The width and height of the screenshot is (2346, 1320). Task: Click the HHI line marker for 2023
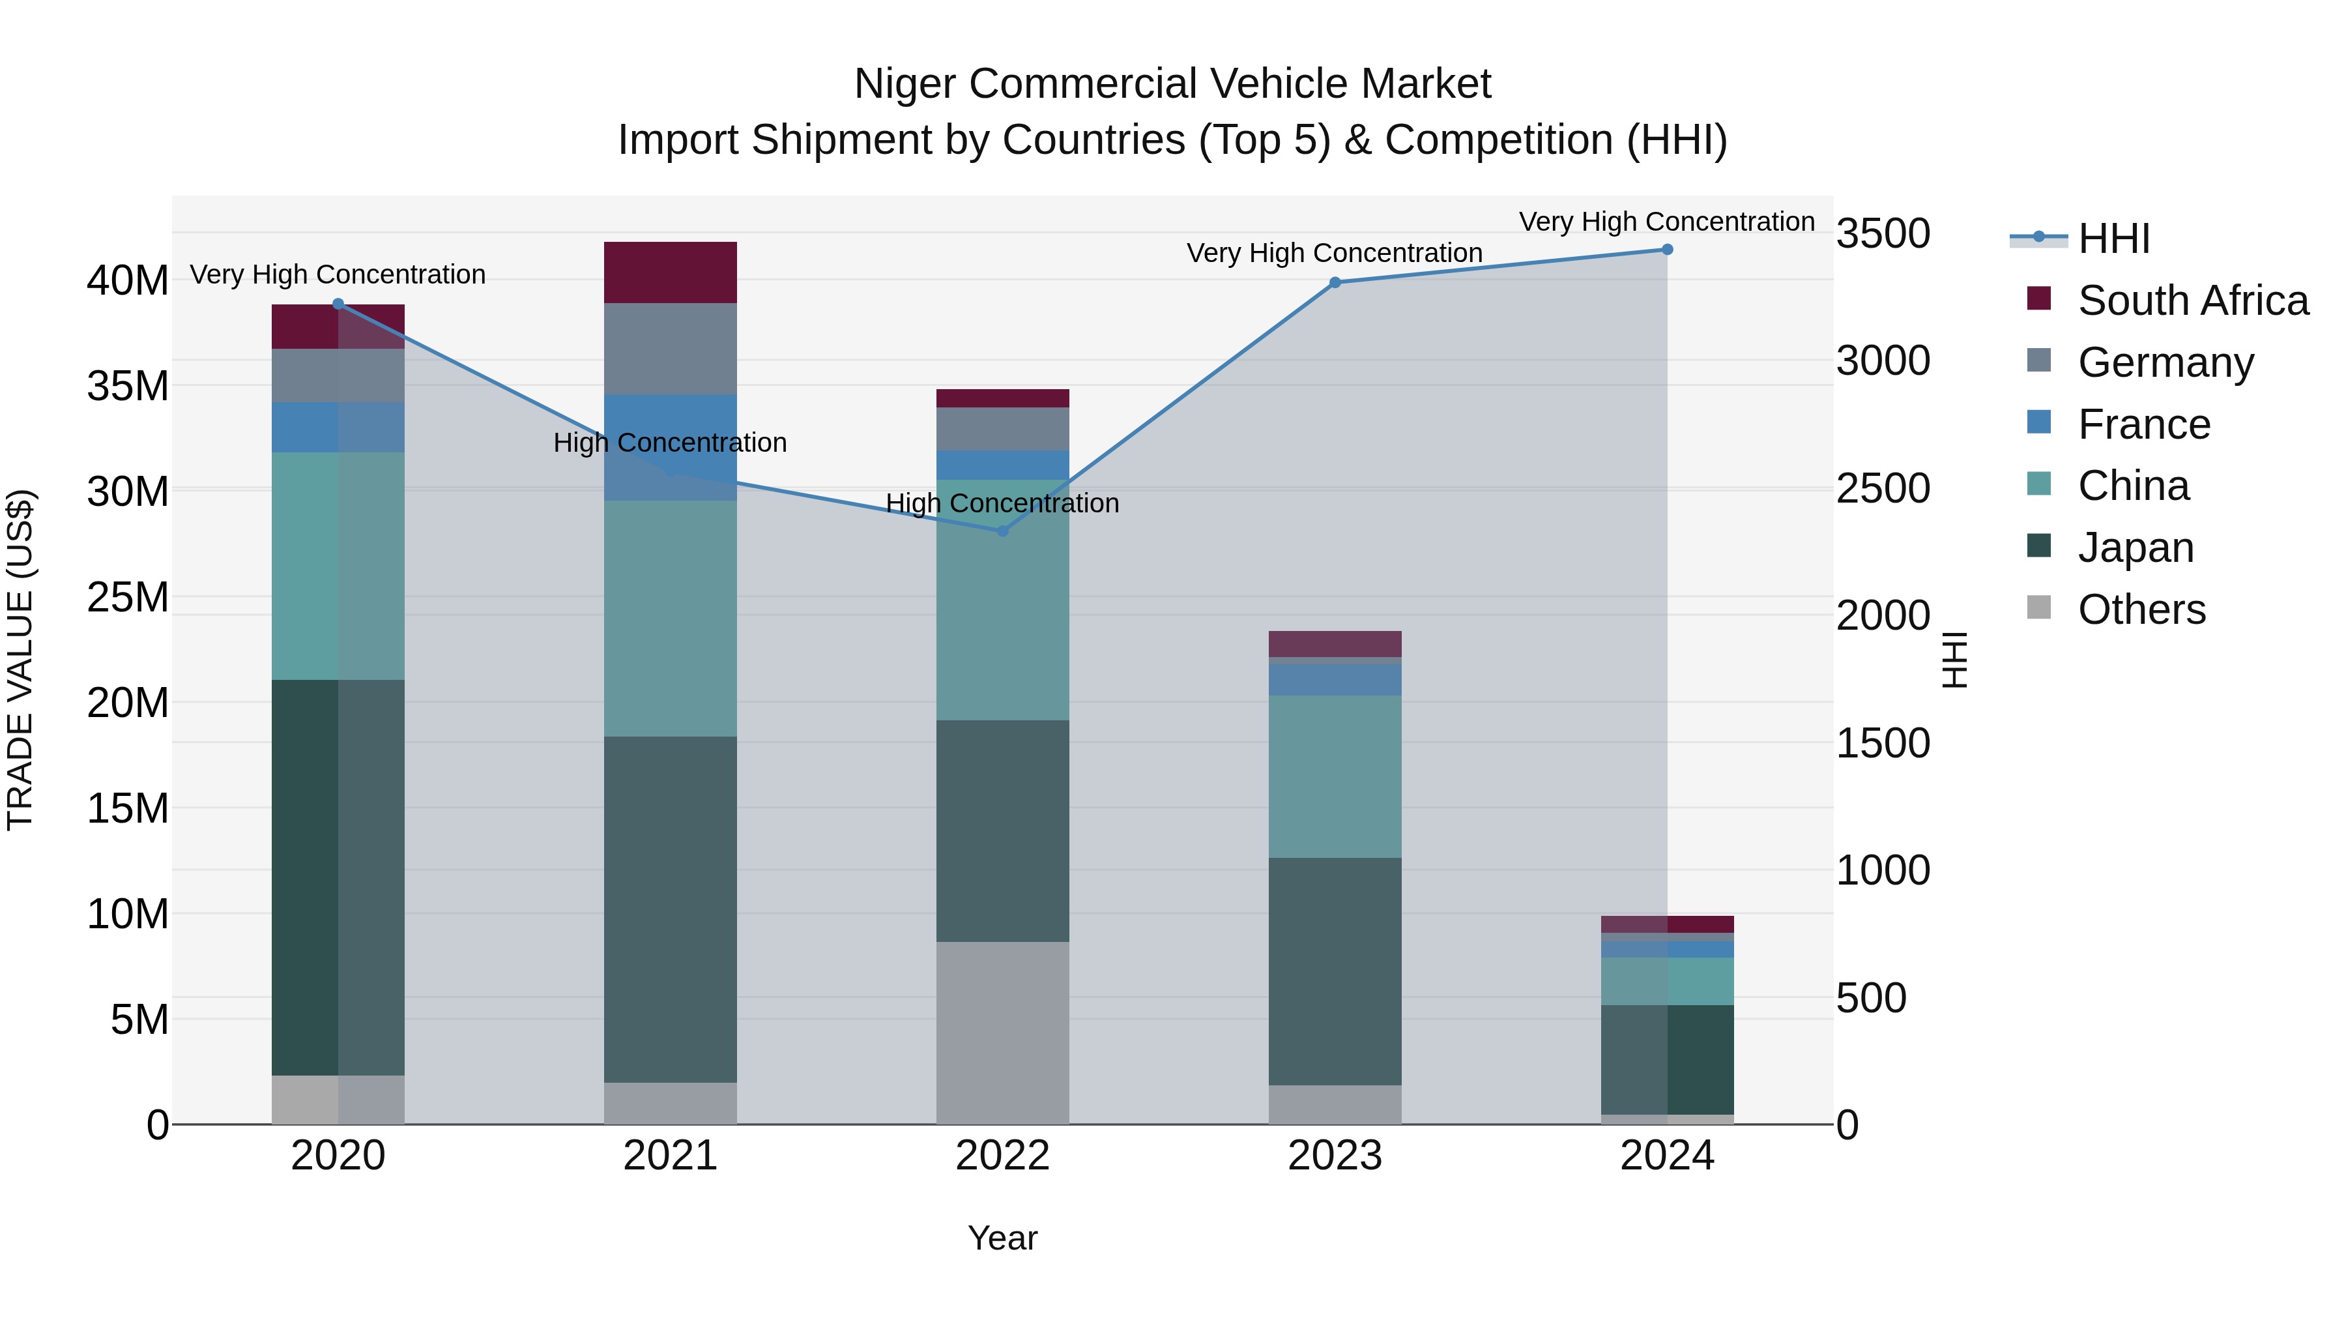tap(1335, 282)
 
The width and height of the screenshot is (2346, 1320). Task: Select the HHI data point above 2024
tap(1668, 250)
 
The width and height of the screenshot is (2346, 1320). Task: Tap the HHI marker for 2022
tap(1003, 531)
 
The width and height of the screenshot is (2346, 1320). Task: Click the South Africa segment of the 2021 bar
tap(671, 272)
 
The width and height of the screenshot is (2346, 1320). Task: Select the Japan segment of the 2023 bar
tap(1335, 971)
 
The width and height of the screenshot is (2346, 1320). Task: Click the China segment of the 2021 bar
tap(671, 619)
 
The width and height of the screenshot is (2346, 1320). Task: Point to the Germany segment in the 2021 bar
tap(671, 349)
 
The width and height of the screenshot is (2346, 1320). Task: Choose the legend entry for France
tap(2144, 424)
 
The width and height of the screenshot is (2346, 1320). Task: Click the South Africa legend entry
tap(2192, 301)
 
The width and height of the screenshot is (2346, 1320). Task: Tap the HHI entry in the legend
tap(2113, 239)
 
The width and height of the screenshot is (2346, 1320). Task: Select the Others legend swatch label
tap(2141, 609)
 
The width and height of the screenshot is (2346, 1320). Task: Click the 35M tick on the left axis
tap(128, 387)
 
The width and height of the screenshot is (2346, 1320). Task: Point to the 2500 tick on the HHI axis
tap(1881, 489)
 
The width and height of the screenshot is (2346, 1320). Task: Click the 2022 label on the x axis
tap(1003, 1156)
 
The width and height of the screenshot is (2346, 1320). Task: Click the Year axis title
tap(1003, 1238)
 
